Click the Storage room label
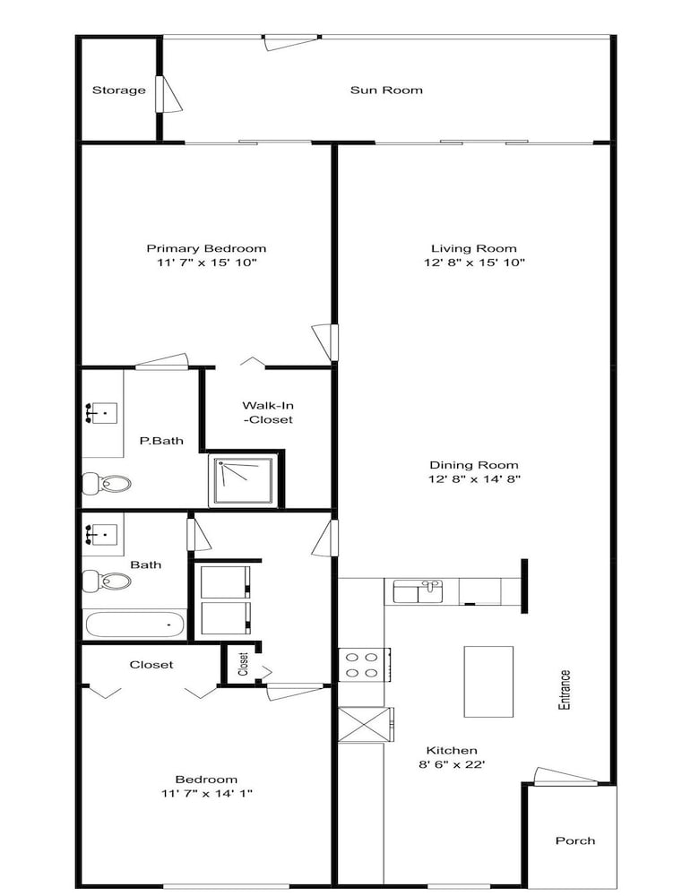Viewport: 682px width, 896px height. pyautogui.click(x=119, y=90)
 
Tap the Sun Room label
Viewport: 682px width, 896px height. pyautogui.click(x=386, y=90)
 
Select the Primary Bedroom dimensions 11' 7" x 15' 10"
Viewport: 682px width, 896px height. pyautogui.click(x=206, y=263)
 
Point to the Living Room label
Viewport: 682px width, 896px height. pyautogui.click(x=474, y=248)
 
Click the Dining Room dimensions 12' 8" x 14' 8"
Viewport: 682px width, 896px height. pyautogui.click(x=474, y=478)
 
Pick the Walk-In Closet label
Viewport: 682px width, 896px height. pyautogui.click(x=268, y=412)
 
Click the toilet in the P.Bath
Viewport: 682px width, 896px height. pyautogui.click(x=107, y=484)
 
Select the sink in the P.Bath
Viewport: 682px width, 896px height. pyautogui.click(x=101, y=412)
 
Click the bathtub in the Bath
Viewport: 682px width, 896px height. pyautogui.click(x=135, y=625)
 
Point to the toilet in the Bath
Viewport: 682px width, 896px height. pyautogui.click(x=107, y=582)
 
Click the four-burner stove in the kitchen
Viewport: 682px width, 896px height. pyautogui.click(x=364, y=665)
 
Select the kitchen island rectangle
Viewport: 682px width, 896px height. pyautogui.click(x=488, y=681)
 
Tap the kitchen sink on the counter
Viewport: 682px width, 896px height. pyautogui.click(x=418, y=590)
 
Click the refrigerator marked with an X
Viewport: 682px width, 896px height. pyautogui.click(x=365, y=725)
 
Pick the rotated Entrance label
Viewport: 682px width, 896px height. pyautogui.click(x=565, y=690)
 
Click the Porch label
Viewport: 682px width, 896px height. pyautogui.click(x=575, y=840)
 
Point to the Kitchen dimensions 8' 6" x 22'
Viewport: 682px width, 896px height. pyautogui.click(x=453, y=764)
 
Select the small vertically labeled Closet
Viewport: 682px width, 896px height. pyautogui.click(x=243, y=664)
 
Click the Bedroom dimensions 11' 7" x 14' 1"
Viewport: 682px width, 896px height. pyautogui.click(x=206, y=793)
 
